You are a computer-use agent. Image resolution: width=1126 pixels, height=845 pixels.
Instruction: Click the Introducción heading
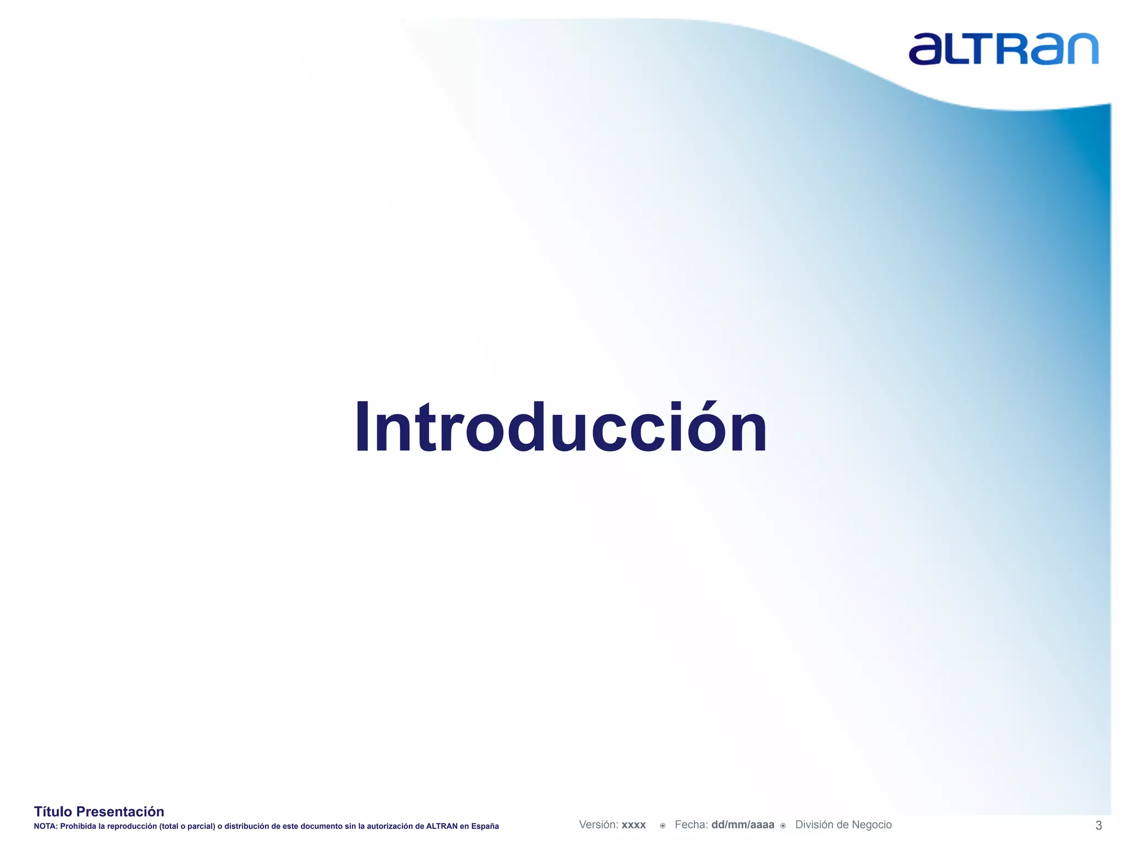[x=561, y=429]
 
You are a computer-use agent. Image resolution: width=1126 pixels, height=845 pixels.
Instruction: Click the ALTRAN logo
[x=1003, y=49]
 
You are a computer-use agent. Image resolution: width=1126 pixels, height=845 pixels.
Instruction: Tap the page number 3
[x=1099, y=825]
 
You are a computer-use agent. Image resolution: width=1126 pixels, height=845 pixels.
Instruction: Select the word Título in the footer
[x=53, y=811]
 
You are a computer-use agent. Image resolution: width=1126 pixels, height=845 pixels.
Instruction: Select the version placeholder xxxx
[x=633, y=825]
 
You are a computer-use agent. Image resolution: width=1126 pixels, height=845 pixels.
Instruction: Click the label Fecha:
[x=691, y=825]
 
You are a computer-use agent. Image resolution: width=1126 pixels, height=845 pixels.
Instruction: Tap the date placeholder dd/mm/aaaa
[x=742, y=825]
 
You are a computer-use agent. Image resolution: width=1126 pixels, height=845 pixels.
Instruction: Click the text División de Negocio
[x=843, y=825]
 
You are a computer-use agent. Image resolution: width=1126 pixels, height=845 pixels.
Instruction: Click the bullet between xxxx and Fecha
[x=663, y=825]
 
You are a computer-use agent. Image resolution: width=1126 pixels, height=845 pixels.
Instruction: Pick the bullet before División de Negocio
[x=783, y=825]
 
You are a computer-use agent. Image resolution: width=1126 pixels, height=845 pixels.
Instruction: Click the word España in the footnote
[x=485, y=826]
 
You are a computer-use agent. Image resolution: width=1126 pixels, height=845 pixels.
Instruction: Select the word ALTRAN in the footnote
[x=441, y=826]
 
